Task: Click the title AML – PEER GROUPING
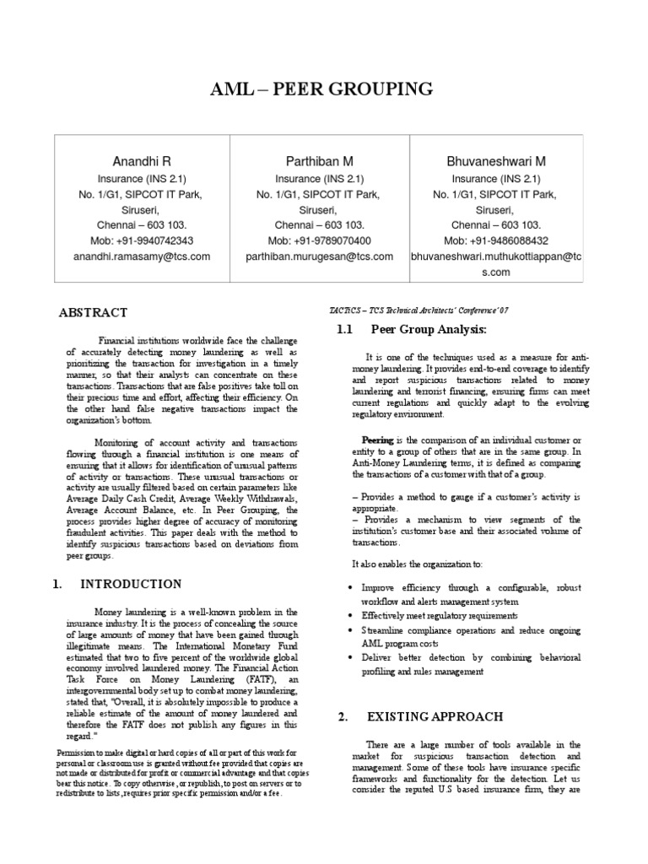pyautogui.click(x=323, y=89)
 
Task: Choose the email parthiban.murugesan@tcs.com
pyautogui.click(x=319, y=256)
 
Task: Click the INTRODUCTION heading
pyautogui.click(x=131, y=584)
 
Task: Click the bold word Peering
pyautogui.click(x=377, y=440)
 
